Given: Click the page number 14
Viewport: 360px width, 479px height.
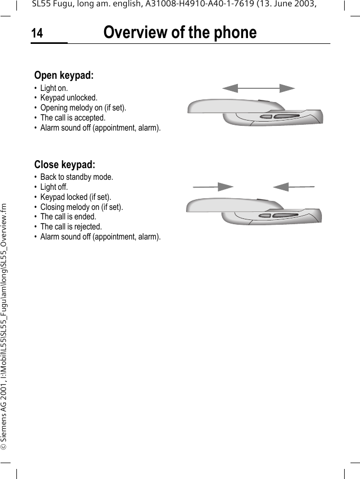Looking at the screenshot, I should pyautogui.click(x=37, y=34).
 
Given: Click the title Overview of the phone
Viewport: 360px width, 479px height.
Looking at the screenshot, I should pyautogui.click(x=180, y=33).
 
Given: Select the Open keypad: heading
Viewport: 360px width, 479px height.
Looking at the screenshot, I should pyautogui.click(x=64, y=76).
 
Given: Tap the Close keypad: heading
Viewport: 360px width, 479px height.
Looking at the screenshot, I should pyautogui.click(x=64, y=164).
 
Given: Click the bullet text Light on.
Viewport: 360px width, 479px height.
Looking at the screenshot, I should pyautogui.click(x=54, y=88).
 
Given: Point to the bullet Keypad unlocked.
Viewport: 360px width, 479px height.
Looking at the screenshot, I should pyautogui.click(x=69, y=98).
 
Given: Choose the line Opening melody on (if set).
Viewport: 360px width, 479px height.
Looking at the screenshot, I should pyautogui.click(x=83, y=108).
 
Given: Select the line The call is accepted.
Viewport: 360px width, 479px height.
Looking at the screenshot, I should pyautogui.click(x=73, y=118).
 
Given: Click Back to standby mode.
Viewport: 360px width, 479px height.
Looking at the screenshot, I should pyautogui.click(x=77, y=177).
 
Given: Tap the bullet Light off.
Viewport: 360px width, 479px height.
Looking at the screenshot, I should pyautogui.click(x=54, y=187).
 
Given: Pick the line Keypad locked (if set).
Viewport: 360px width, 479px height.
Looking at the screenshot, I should pyautogui.click(x=76, y=197).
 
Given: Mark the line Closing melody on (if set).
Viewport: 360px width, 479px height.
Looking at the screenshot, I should pyautogui.click(x=81, y=207).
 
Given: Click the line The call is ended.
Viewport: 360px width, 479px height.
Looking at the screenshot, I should pyautogui.click(x=68, y=216).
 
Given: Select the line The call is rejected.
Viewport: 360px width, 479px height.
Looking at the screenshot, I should pyautogui.click(x=71, y=226).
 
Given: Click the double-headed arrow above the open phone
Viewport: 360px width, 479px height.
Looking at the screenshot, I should pyautogui.click(x=258, y=88).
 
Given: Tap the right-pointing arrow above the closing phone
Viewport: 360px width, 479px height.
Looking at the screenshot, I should pyautogui.click(x=213, y=187).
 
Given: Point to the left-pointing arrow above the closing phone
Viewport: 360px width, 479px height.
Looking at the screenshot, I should pyautogui.click(x=293, y=187).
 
